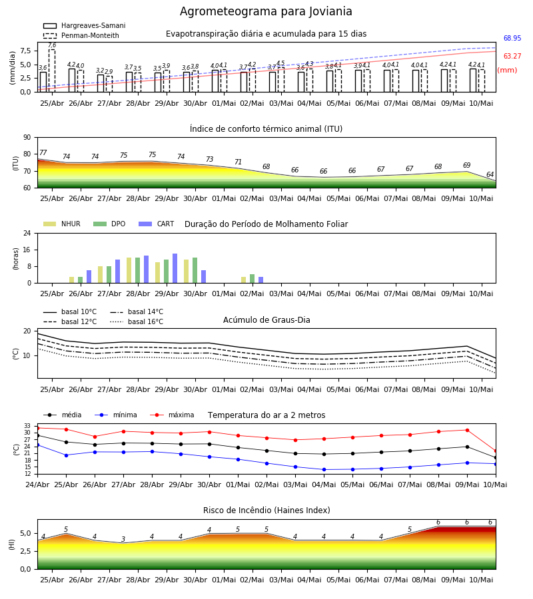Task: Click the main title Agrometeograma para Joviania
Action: pos(266,11)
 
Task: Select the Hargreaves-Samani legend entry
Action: pos(84,25)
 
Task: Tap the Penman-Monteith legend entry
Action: pos(81,35)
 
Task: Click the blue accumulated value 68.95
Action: pos(512,38)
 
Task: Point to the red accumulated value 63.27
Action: pos(512,56)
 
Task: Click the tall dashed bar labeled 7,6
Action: pos(52,71)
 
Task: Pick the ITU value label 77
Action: pos(43,152)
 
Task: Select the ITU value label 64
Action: pos(490,174)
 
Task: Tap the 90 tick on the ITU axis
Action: pos(27,138)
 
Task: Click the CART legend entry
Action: pos(156,224)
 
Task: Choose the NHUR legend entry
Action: pos(62,224)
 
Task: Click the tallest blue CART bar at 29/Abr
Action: pos(175,268)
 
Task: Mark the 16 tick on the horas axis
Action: pos(27,250)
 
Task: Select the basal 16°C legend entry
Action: pos(137,321)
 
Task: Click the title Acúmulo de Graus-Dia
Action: pos(266,319)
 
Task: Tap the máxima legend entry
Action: pos(172,415)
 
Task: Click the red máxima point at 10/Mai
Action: pos(496,451)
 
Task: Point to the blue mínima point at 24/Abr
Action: pos(37,445)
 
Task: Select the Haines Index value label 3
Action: pos(123,539)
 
